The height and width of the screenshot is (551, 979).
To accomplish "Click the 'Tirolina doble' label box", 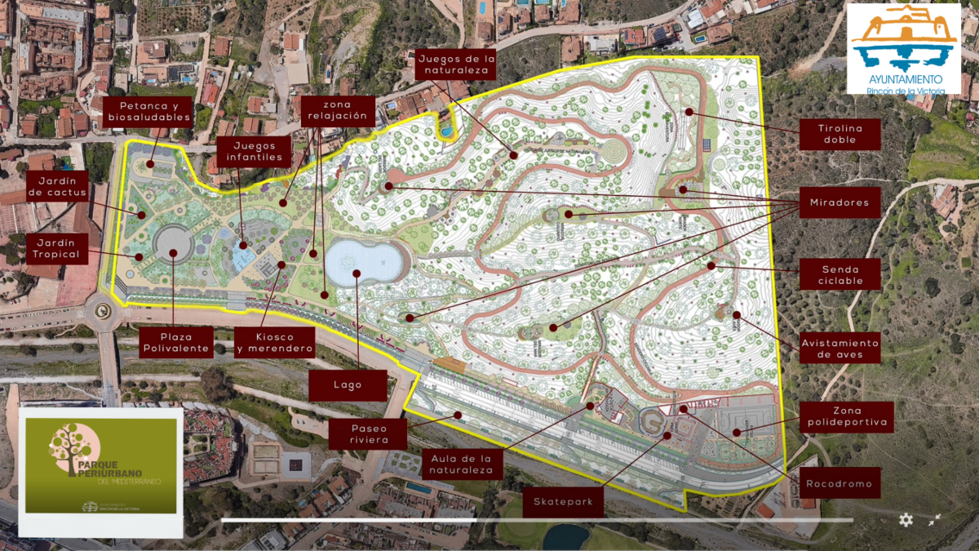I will click(x=839, y=134).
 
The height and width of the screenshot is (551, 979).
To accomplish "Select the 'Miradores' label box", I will click(x=839, y=202).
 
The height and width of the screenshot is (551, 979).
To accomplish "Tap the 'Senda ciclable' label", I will click(x=839, y=274).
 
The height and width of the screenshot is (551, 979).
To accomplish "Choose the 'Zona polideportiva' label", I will click(x=846, y=416).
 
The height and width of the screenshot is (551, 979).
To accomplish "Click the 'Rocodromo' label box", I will click(x=839, y=483).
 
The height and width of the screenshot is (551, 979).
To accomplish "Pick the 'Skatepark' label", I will click(x=563, y=501).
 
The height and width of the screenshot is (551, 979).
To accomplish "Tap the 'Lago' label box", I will click(x=348, y=385).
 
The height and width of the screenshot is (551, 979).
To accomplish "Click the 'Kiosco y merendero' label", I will click(x=275, y=343).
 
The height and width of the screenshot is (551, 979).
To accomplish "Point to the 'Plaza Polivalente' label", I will click(x=176, y=343).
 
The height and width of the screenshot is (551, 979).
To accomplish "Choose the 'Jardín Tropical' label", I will click(x=56, y=248).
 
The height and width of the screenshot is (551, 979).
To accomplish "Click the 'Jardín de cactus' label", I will click(x=56, y=186).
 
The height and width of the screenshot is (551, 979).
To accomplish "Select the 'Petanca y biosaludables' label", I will click(x=148, y=112).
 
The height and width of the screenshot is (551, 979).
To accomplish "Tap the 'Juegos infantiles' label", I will click(x=255, y=150).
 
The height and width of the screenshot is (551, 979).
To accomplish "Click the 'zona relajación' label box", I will click(x=337, y=110).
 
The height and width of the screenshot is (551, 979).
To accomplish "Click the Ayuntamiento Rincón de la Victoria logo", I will click(x=904, y=48).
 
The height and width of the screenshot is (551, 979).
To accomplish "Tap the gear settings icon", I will click(x=906, y=520).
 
